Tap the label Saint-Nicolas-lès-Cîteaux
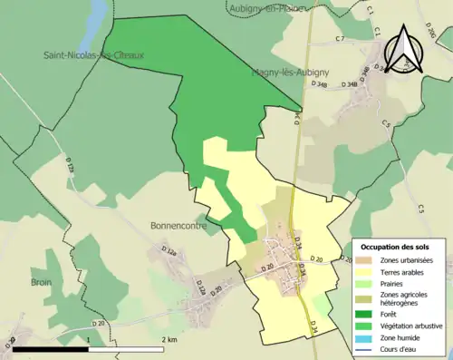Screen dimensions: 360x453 (93, 55)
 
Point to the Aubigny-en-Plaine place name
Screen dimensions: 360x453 (263, 7)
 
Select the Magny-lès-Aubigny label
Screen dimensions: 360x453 (265, 72)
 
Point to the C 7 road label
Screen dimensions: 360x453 (340, 40)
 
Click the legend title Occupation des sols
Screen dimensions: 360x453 (396, 247)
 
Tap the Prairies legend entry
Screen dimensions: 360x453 (396, 283)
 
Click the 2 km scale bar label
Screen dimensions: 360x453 (169, 339)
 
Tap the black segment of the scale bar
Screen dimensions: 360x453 (50, 348)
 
